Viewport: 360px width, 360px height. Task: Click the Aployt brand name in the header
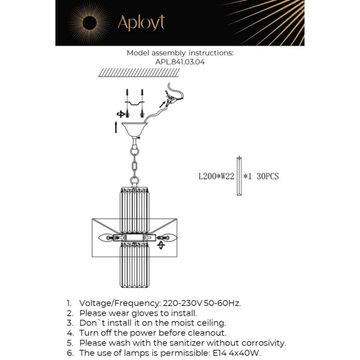click(x=141, y=23)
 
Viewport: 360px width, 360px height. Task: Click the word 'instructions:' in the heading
click(x=211, y=52)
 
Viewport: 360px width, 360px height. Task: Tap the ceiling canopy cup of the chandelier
click(x=135, y=129)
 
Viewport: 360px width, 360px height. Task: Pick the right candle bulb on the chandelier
click(x=170, y=238)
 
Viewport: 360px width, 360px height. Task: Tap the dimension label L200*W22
click(x=216, y=176)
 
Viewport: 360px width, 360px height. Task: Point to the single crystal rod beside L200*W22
click(x=239, y=176)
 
